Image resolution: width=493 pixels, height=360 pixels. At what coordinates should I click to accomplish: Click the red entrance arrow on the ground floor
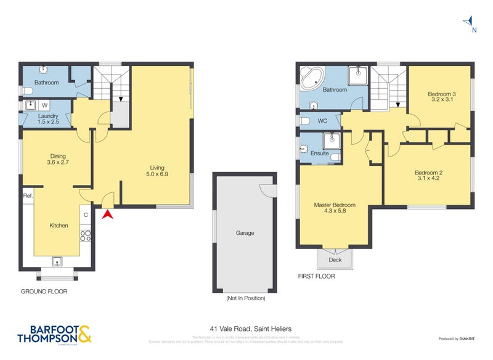click(108, 215)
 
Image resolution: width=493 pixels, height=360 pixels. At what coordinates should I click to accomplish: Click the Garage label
click(245, 233)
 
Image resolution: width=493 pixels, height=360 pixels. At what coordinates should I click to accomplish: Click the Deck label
click(335, 260)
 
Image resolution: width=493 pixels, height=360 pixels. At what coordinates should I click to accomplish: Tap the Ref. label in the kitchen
click(27, 196)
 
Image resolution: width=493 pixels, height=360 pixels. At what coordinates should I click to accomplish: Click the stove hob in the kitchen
click(86, 235)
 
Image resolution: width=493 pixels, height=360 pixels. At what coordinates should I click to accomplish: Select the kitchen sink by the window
click(58, 261)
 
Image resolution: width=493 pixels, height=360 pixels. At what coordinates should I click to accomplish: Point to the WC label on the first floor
click(323, 121)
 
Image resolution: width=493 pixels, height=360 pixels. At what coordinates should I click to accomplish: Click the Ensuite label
click(319, 153)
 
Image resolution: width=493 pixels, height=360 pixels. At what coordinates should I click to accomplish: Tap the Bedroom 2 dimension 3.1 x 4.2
click(428, 179)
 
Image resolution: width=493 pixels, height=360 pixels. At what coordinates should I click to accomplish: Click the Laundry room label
click(47, 116)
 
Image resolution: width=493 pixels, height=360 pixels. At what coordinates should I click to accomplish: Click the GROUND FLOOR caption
click(44, 292)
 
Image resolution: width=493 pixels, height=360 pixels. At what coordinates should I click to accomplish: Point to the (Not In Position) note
click(245, 298)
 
